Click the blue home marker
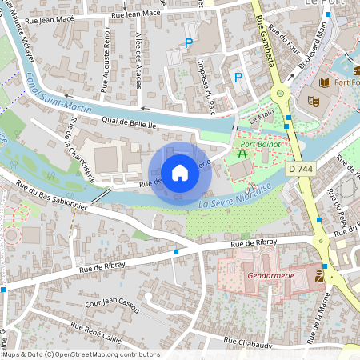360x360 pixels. coord(180,172)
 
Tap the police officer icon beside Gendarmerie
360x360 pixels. coord(320,276)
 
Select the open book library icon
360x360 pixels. coord(325,82)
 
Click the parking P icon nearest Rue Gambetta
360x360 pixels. coord(238,77)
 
